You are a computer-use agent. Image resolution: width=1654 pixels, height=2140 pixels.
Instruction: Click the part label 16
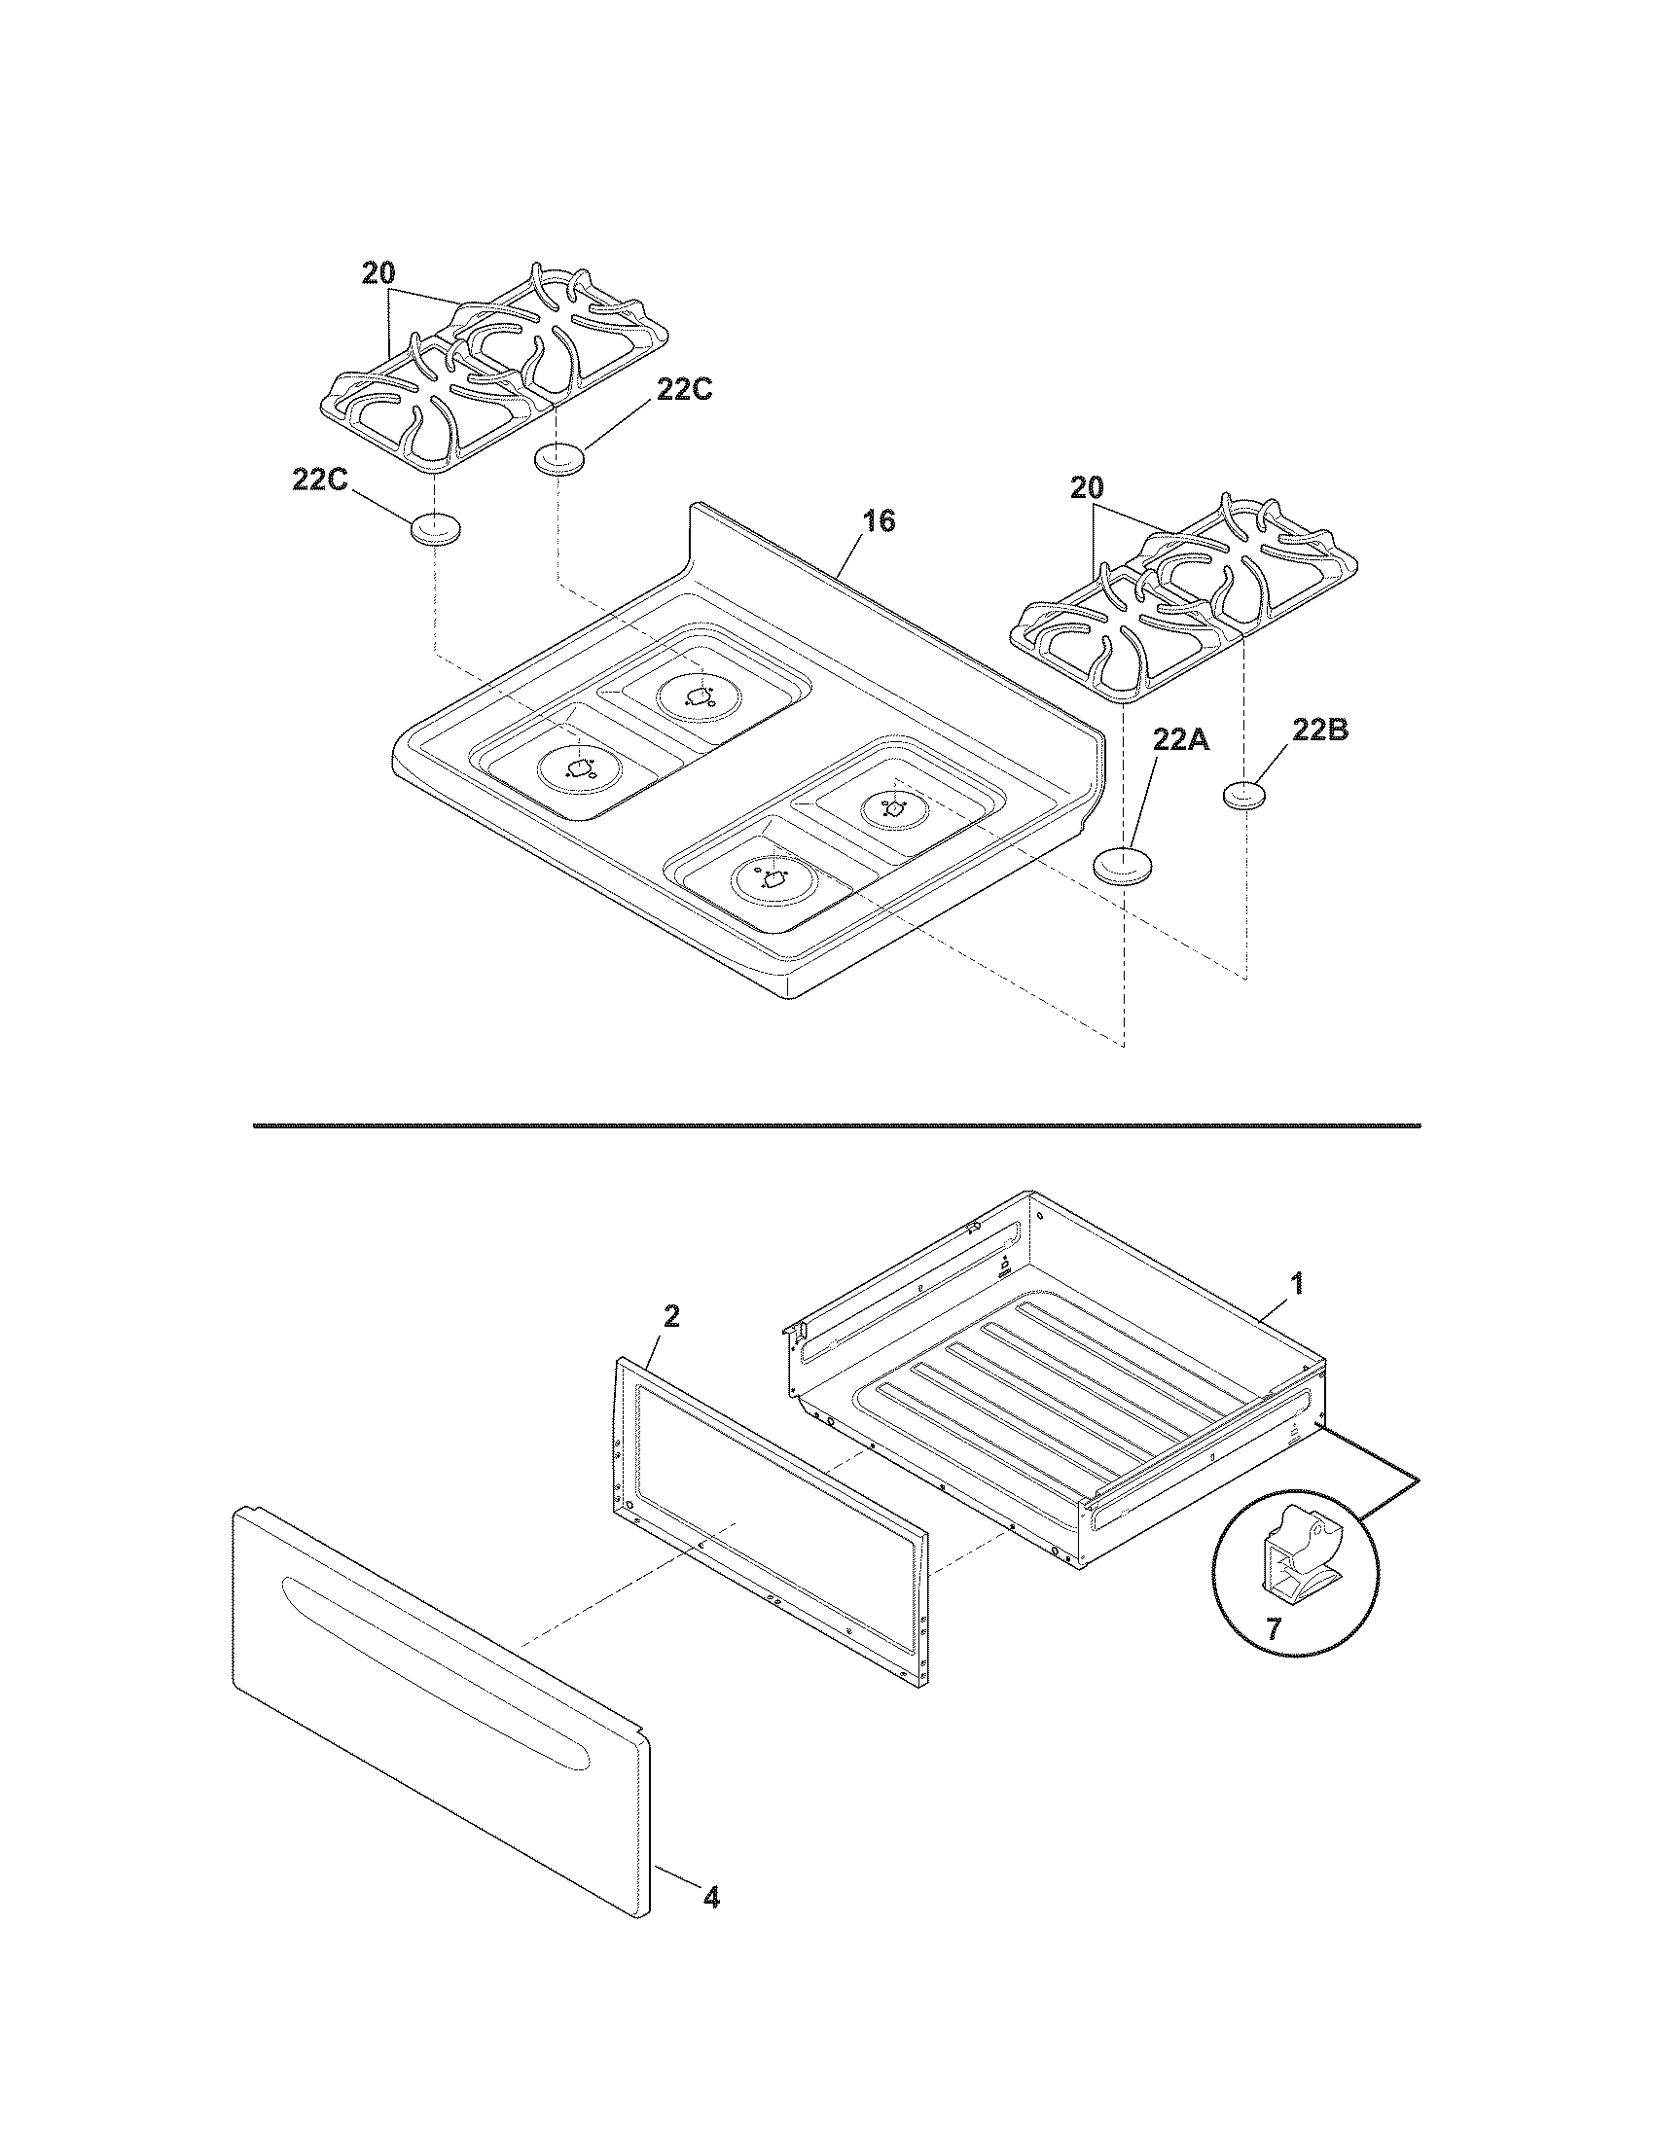coord(879,521)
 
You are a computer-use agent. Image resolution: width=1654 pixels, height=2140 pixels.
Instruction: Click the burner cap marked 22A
coord(1123,865)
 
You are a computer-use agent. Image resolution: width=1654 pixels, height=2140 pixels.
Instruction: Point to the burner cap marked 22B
coord(1246,795)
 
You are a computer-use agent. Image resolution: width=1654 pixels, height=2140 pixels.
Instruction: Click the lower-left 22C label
coord(319,481)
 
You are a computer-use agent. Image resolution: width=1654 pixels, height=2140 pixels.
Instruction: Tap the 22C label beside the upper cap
coord(684,389)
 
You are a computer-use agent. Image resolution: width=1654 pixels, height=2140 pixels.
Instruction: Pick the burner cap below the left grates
coord(434,529)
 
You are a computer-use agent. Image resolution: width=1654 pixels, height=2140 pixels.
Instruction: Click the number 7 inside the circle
coord(1273,1629)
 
